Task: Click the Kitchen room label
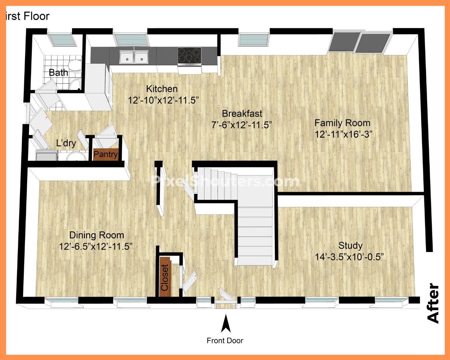[x=162, y=89]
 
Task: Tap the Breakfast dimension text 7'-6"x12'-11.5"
[x=242, y=125]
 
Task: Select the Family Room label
[x=342, y=123]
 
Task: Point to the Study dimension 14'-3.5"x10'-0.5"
[x=349, y=257]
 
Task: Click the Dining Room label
[x=97, y=235]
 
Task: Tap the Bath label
[x=58, y=73]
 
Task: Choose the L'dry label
[x=66, y=143]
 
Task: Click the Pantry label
[x=106, y=154]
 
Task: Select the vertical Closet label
[x=165, y=277]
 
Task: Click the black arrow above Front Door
[x=226, y=323]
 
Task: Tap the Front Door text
[x=225, y=341]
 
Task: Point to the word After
[x=433, y=303]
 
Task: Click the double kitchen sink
[x=134, y=57]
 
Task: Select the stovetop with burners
[x=189, y=55]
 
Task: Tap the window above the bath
[x=62, y=40]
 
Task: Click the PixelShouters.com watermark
[x=225, y=181]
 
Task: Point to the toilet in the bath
[x=75, y=66]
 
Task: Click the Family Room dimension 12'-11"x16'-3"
[x=344, y=134]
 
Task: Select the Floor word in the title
[x=36, y=16]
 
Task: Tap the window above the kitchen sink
[x=131, y=40]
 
